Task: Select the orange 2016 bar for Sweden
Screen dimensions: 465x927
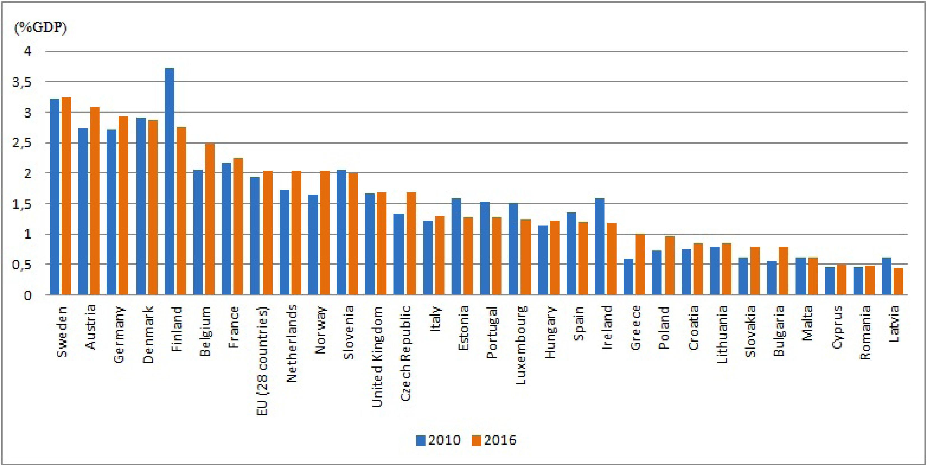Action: (66, 196)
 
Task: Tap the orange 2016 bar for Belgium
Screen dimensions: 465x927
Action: (210, 219)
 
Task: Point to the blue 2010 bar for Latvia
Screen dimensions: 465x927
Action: (887, 276)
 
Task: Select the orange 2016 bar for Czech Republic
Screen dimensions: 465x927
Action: (411, 244)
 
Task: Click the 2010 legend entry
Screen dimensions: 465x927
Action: (438, 440)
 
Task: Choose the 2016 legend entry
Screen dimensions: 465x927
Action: (494, 440)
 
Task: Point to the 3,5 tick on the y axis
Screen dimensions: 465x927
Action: (22, 82)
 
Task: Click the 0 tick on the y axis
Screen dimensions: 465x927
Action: (28, 296)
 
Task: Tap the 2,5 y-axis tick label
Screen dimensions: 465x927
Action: (22, 143)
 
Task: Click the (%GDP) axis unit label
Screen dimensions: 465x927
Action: (40, 28)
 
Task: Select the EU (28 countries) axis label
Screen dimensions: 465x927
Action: (263, 361)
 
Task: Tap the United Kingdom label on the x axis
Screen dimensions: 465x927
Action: (377, 356)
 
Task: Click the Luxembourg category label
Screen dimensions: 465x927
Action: (521, 345)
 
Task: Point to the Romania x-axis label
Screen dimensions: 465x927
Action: (865, 333)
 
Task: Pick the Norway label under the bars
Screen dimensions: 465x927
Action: (320, 330)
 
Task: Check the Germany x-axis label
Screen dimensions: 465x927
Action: (119, 335)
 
